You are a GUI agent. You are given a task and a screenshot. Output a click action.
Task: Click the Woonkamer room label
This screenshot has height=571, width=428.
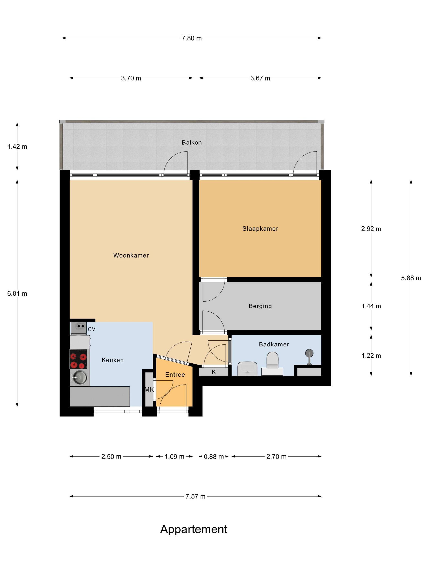(131, 255)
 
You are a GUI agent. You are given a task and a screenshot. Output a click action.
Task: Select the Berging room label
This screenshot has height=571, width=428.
(260, 306)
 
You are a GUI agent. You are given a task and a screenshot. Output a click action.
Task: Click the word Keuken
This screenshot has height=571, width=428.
(113, 360)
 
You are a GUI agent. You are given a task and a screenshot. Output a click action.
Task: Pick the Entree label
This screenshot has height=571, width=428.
(175, 375)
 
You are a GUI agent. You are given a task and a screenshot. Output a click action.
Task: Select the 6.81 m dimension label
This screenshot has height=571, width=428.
(17, 293)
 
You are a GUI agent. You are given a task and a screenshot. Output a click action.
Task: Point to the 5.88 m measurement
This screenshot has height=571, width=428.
(411, 278)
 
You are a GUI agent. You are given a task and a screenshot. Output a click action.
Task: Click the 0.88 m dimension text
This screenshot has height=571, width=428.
(214, 457)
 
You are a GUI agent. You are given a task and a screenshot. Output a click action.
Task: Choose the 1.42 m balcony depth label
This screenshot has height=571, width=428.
(17, 147)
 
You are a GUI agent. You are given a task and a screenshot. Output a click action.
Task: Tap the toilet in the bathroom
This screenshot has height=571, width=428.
(272, 364)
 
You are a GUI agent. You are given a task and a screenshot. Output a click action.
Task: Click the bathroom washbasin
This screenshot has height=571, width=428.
(247, 369)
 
